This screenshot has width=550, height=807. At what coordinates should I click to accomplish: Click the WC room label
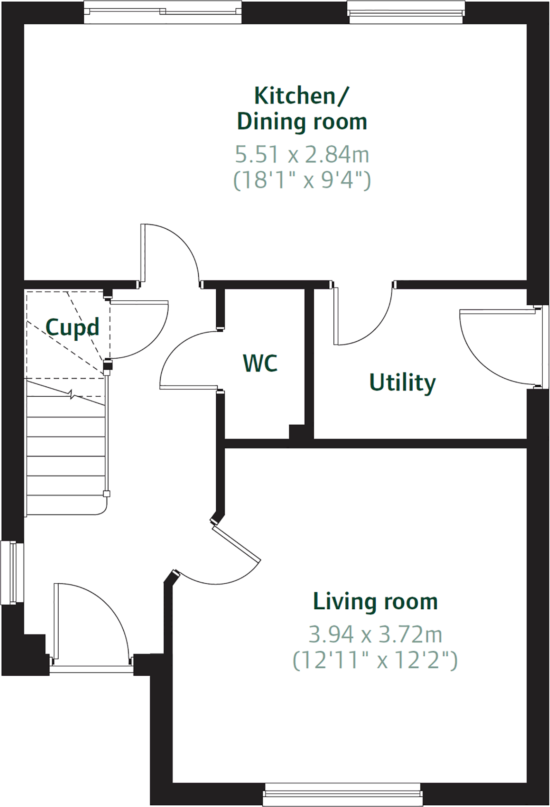pos(260,364)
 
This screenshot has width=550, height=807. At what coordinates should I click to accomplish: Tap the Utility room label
pos(402,382)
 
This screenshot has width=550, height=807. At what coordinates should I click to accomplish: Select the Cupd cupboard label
pos(72,328)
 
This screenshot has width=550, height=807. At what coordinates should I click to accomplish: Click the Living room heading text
pos(375,601)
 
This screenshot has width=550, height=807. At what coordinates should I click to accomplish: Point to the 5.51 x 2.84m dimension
pos(302,154)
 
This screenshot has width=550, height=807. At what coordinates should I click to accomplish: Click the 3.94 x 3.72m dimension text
pos(375,634)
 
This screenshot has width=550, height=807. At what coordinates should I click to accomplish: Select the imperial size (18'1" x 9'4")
pos(302,180)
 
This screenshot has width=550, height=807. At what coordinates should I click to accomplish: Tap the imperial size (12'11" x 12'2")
pos(375,660)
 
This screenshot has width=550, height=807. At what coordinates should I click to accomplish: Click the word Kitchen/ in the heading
pos(301,96)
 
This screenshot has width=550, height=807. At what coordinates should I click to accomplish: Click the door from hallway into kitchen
pos(170,252)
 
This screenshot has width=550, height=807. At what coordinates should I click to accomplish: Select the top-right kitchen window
pos(406,12)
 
